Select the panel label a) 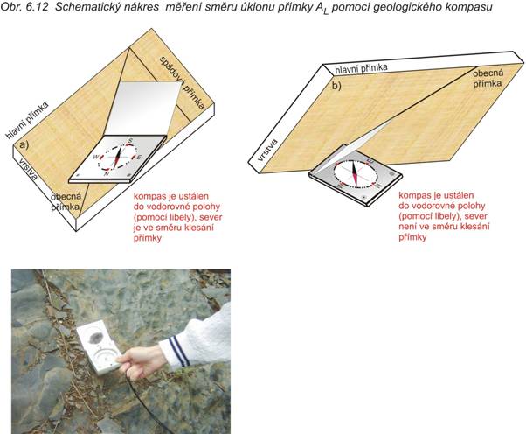point(24,144)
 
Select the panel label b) point(336,86)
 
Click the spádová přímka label point(182,82)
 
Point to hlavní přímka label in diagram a point(27,120)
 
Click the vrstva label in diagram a point(28,168)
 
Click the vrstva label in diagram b point(268,150)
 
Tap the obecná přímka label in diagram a point(66,201)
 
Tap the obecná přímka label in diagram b point(488,78)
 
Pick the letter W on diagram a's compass point(95,157)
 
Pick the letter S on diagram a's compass point(130,140)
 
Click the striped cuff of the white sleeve point(176,352)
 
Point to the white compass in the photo point(99,348)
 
